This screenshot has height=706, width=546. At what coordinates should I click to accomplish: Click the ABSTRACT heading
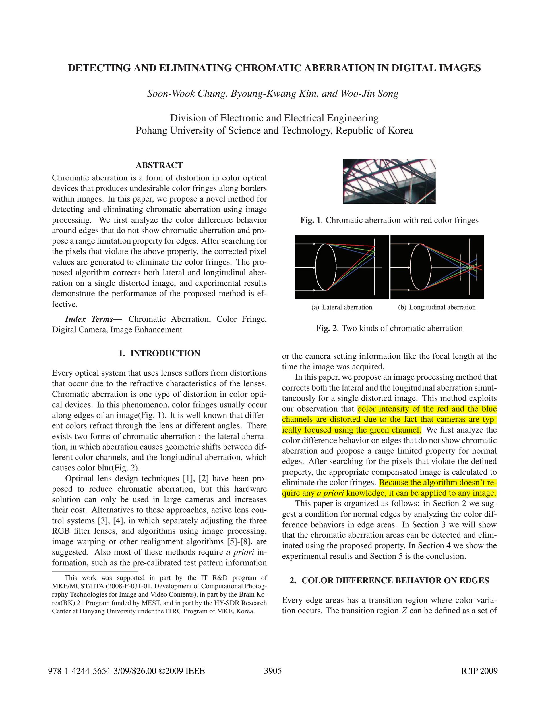click(159, 165)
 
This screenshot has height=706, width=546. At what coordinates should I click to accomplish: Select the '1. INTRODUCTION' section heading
click(159, 353)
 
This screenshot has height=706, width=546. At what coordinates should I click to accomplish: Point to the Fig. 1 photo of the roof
click(389, 181)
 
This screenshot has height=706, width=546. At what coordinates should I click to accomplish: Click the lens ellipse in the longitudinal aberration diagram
click(421, 267)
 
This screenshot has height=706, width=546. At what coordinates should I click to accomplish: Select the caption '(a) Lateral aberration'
click(342, 307)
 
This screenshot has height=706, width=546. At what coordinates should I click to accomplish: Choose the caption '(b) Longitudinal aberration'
click(437, 307)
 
